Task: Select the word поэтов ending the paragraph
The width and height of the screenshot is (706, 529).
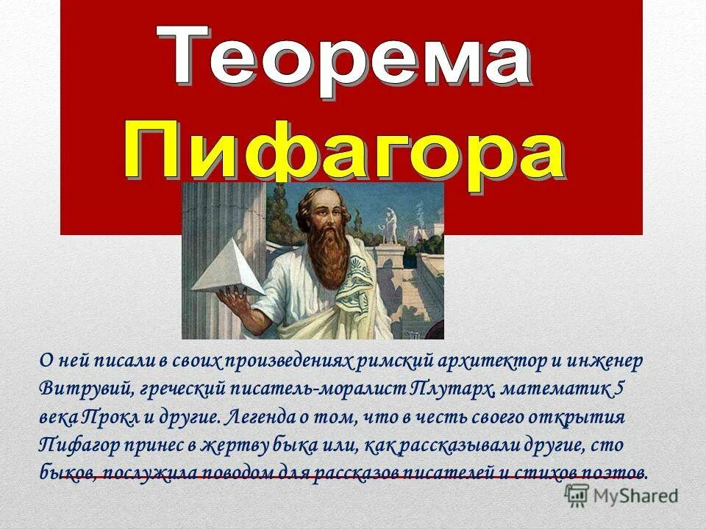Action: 613,472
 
